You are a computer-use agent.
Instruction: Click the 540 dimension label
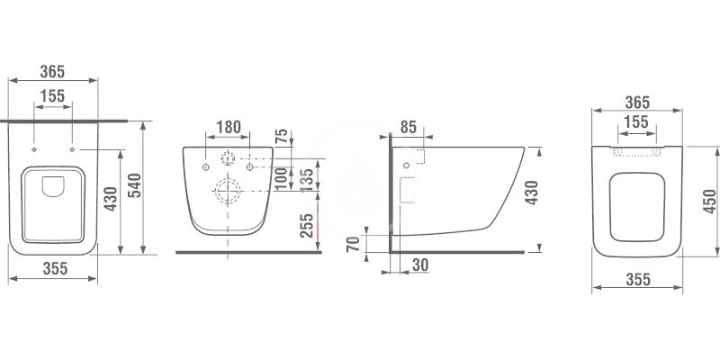tap(134, 185)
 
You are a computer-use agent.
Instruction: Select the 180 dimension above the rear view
tap(229, 127)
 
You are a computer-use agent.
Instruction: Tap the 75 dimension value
tap(282, 137)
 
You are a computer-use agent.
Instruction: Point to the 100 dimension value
tap(282, 178)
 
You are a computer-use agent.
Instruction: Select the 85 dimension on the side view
tap(408, 127)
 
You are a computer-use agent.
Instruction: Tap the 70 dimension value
tap(354, 243)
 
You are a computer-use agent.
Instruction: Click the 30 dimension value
tap(420, 265)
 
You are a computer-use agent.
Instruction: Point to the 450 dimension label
tap(709, 201)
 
